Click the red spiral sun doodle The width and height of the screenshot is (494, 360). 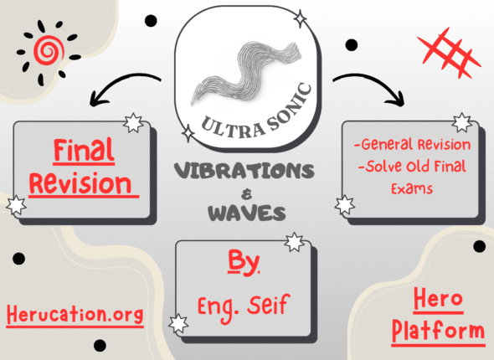[x=49, y=51]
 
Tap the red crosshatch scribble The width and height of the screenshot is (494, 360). [x=449, y=54]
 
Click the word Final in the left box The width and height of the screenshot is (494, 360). [x=84, y=151]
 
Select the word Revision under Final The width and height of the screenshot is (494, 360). [x=80, y=184]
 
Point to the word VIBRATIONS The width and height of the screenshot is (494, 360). [x=244, y=171]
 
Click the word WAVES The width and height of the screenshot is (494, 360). [x=247, y=213]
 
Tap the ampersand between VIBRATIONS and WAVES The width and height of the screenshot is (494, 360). [x=246, y=195]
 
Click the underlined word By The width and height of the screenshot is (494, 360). [x=243, y=262]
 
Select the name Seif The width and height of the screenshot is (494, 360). [x=268, y=305]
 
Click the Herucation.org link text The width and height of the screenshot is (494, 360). [x=75, y=315]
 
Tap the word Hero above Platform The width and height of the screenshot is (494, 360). [x=438, y=299]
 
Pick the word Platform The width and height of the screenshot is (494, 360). [x=438, y=331]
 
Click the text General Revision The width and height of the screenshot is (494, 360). [x=413, y=145]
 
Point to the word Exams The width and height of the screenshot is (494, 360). [x=412, y=188]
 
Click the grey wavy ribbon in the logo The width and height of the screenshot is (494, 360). [x=245, y=73]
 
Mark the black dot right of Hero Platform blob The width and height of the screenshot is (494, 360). [x=479, y=246]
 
